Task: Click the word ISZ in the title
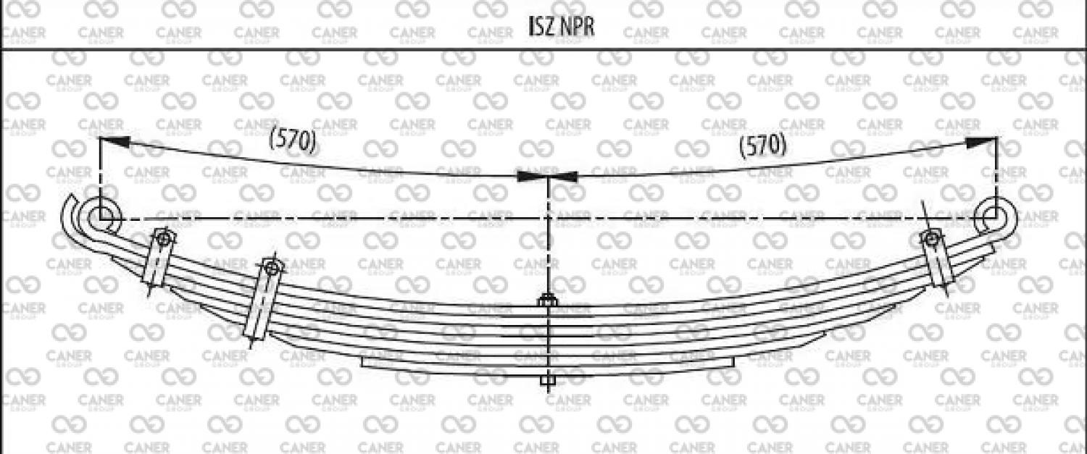[541, 27]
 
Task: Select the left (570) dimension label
[293, 140]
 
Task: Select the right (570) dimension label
[762, 146]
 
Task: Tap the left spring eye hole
[103, 216]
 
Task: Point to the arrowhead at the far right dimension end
[983, 142]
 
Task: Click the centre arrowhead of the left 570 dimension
[530, 176]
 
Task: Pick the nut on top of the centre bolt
[547, 300]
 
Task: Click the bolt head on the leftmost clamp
[162, 238]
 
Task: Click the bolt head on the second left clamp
[271, 268]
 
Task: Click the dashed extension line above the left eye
[100, 177]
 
